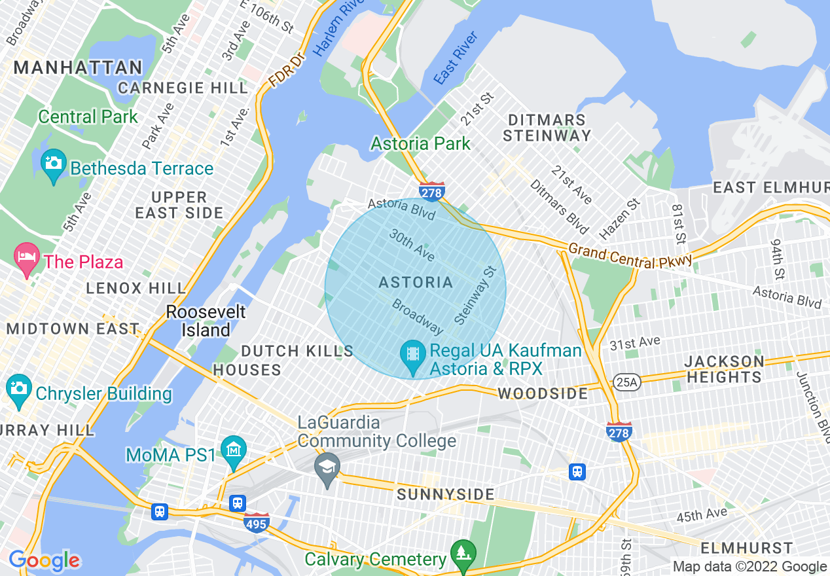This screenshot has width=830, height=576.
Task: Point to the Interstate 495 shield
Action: pos(256,522)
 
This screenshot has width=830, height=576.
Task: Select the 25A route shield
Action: pos(626,382)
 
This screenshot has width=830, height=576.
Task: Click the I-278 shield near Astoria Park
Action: pos(432,191)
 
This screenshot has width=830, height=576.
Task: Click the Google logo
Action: pos(44,560)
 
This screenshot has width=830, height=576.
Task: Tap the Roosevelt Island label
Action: pos(206,321)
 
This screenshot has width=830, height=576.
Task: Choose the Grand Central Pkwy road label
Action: pos(630,256)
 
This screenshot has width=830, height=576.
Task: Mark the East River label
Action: pos(456,65)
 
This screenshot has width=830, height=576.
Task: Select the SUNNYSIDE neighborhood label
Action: pos(446,494)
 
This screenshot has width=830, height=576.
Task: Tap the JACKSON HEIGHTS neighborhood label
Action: pos(724,369)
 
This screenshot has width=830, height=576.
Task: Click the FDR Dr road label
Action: pos(287,71)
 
